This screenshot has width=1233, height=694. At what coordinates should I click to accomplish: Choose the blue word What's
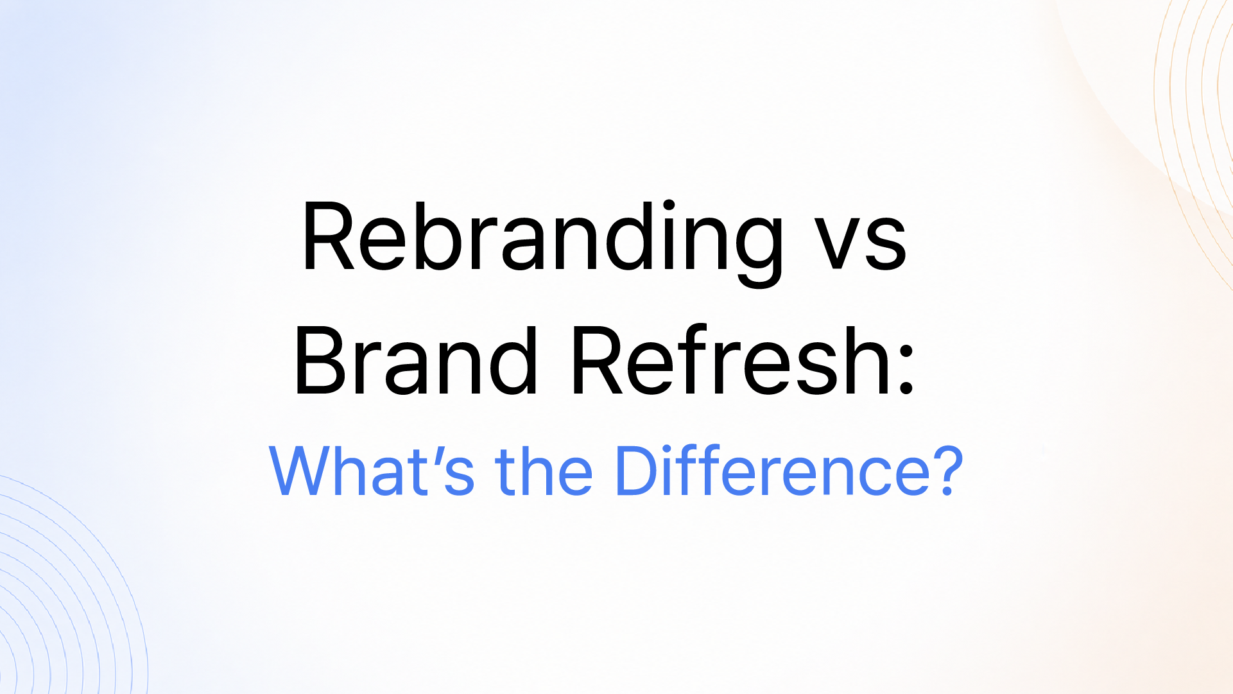[x=372, y=471]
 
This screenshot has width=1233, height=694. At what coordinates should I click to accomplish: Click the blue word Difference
[x=773, y=470]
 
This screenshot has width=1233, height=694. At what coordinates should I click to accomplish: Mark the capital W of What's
[x=305, y=471]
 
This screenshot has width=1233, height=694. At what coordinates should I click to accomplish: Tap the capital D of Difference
[x=638, y=471]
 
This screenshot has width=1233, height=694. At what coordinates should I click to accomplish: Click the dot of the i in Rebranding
[x=669, y=205]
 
